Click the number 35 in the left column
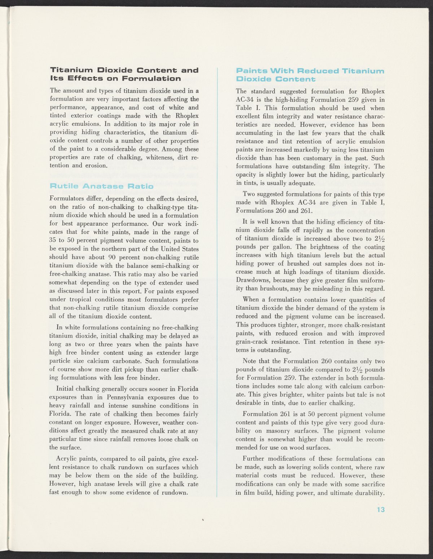[53, 241]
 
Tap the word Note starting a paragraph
[250, 361]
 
